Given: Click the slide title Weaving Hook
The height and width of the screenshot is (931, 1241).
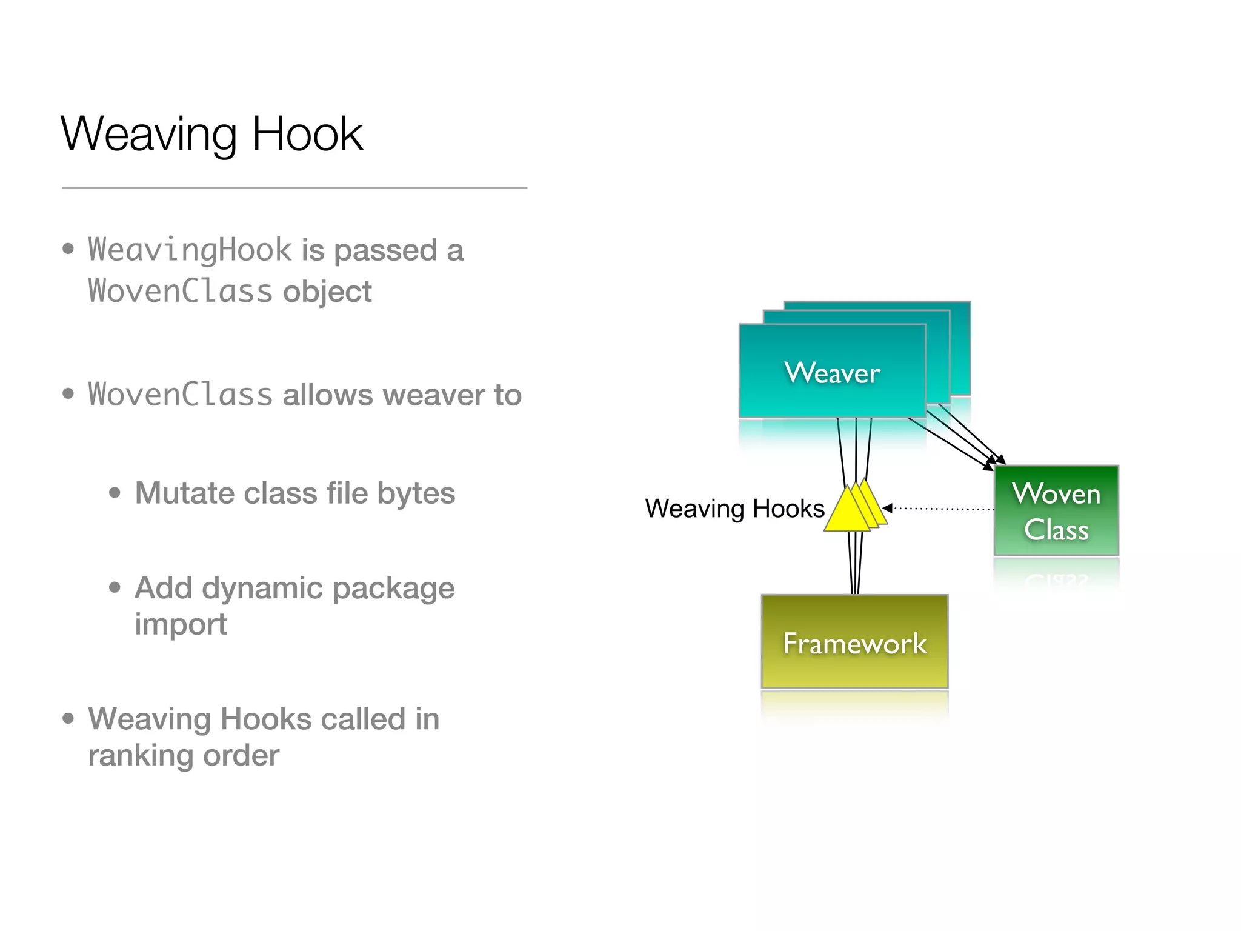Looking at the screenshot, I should [x=211, y=134].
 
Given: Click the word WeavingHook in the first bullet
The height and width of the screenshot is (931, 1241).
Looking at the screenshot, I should [x=190, y=250].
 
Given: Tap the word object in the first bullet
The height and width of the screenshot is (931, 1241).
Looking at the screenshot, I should [x=327, y=292].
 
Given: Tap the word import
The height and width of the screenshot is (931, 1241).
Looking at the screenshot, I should [x=181, y=624].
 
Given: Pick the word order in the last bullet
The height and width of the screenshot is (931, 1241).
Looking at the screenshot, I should [x=241, y=755].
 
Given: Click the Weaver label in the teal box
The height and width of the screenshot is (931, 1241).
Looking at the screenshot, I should [x=832, y=373].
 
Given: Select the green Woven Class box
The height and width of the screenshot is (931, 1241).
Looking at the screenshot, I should [x=1056, y=510].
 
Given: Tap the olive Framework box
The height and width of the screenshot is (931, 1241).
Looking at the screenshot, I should [x=854, y=642].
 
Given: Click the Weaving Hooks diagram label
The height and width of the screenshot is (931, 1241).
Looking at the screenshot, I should [x=734, y=509].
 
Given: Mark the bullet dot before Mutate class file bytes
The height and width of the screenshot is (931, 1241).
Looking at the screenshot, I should [x=115, y=493].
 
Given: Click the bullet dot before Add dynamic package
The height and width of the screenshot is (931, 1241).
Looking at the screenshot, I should [x=115, y=587].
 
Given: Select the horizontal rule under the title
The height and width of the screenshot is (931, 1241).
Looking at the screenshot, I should [x=294, y=188].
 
